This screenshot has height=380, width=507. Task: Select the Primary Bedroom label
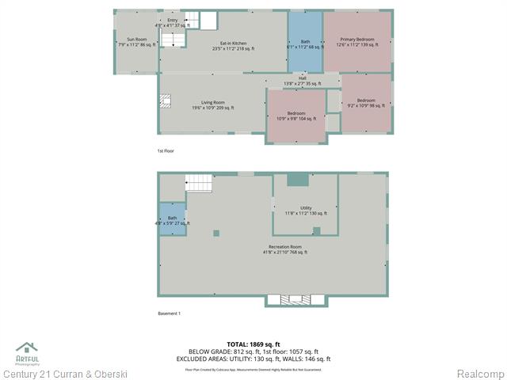point(357,41)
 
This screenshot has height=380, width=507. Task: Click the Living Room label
point(212,104)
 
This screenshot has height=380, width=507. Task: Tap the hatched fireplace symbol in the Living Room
point(166,101)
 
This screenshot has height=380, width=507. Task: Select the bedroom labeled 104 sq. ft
point(295,116)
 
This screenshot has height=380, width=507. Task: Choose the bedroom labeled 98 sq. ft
point(365,102)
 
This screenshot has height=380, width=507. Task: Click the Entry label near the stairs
point(173,22)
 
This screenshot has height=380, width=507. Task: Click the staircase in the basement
point(200,183)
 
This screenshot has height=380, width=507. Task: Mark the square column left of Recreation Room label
point(216,234)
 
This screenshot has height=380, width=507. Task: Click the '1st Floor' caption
point(166,150)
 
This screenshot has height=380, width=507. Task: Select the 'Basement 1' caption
point(169,313)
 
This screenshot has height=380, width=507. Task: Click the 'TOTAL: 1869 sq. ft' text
point(253,344)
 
